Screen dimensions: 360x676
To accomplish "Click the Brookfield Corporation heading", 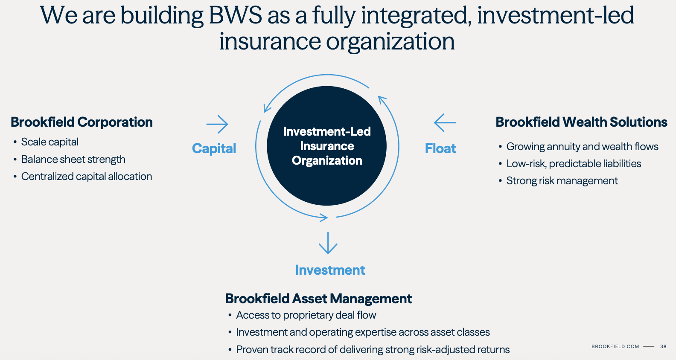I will [x=82, y=122].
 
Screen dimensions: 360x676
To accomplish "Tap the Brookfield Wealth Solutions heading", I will [x=581, y=122].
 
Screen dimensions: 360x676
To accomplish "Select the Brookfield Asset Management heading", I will [x=318, y=299].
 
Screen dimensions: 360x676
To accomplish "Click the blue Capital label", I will [x=214, y=148].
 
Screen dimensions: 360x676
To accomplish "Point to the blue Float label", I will [x=440, y=148].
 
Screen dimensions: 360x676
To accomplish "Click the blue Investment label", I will [x=330, y=270].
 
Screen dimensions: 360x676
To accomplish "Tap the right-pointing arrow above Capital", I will [x=217, y=124].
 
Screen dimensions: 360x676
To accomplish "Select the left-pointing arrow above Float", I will [x=445, y=123].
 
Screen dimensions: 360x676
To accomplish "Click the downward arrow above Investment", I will [x=328, y=243].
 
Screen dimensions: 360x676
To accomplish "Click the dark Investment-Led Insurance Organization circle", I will [x=327, y=146].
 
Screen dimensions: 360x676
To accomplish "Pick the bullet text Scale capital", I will [x=50, y=142].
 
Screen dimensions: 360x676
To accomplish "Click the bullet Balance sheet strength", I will [x=73, y=160].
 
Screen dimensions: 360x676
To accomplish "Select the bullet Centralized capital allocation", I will [x=87, y=177].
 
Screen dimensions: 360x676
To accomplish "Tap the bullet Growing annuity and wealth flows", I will [x=582, y=147].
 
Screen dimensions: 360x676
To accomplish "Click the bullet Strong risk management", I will [x=562, y=181].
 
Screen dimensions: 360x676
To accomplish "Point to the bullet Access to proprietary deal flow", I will [x=306, y=315].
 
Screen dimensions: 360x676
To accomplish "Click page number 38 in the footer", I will [x=663, y=346].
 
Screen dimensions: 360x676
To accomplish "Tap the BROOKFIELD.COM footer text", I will [x=615, y=346].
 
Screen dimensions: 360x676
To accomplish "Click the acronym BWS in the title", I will [x=235, y=15].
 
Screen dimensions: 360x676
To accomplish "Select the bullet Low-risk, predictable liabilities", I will [x=574, y=164].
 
